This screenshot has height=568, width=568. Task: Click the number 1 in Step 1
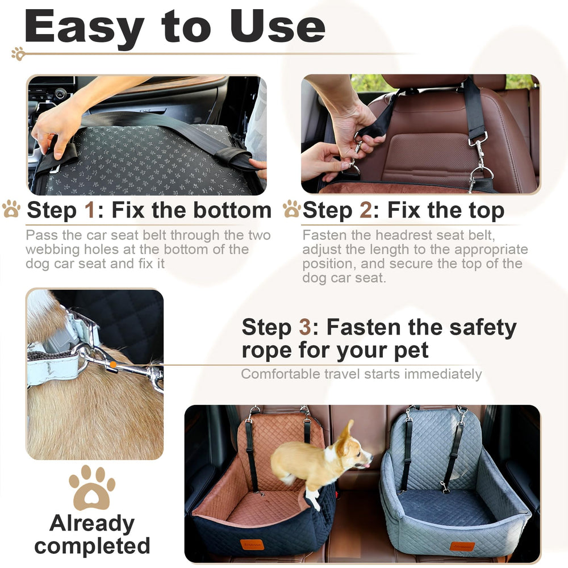90,210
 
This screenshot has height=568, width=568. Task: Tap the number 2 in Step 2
366,210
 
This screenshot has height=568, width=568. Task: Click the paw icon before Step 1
11,209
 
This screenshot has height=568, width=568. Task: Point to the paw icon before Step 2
292,209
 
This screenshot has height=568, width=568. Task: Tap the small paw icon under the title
18,53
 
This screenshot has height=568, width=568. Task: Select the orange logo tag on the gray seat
462,546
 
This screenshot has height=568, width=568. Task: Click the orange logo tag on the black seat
252,544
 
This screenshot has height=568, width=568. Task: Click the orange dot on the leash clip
113,365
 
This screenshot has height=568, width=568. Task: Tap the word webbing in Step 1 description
49,249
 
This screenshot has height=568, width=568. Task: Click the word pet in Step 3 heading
409,350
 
